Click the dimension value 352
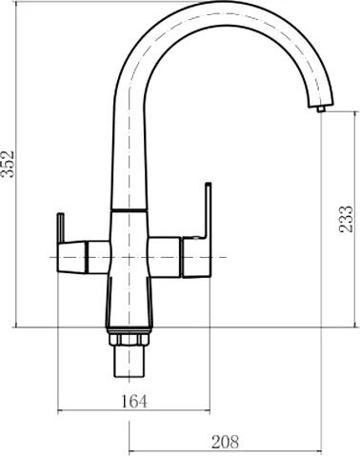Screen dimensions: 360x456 pyautogui.click(x=8, y=164)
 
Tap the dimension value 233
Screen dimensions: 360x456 pyautogui.click(x=346, y=219)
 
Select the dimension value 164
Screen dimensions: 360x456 pyautogui.click(x=134, y=402)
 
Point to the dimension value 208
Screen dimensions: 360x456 pyautogui.click(x=225, y=442)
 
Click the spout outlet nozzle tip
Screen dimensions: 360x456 pyautogui.click(x=321, y=109)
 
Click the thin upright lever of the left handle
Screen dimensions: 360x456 pyautogui.click(x=61, y=228)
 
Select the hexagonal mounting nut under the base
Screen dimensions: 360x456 pyautogui.click(x=129, y=339)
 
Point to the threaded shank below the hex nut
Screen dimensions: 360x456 pyautogui.click(x=129, y=362)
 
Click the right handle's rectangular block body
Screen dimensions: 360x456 pyautogui.click(x=195, y=257)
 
